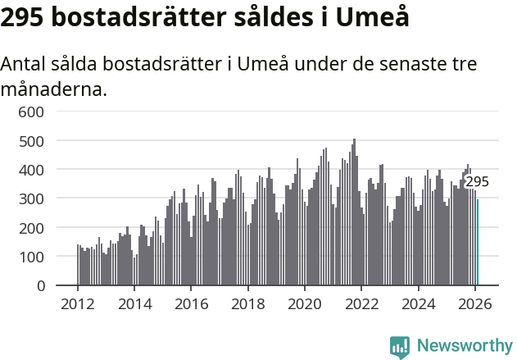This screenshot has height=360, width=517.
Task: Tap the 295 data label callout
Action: coord(477,182)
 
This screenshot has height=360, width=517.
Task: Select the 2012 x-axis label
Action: coord(78,303)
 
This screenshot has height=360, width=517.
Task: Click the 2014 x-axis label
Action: coord(134,303)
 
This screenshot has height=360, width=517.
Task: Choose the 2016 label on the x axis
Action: coord(191,303)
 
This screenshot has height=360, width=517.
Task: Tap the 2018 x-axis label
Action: coord(248,303)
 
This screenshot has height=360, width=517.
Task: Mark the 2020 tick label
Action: coord(305,303)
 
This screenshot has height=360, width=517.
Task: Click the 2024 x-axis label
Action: coord(419,303)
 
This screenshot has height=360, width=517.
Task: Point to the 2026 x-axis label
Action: coord(475,303)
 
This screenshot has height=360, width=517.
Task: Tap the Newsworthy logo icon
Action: coord(400,347)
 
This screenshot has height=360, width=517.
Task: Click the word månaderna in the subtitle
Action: coord(54,89)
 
